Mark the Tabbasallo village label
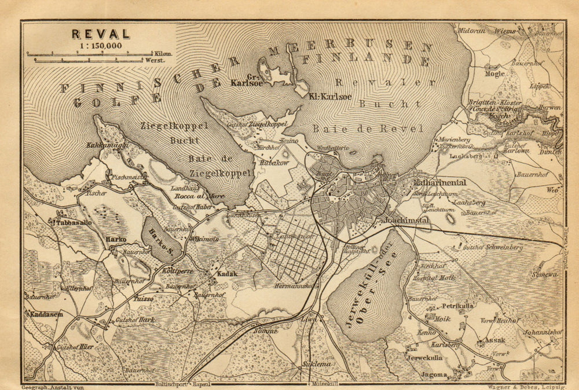tap(72, 222)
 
